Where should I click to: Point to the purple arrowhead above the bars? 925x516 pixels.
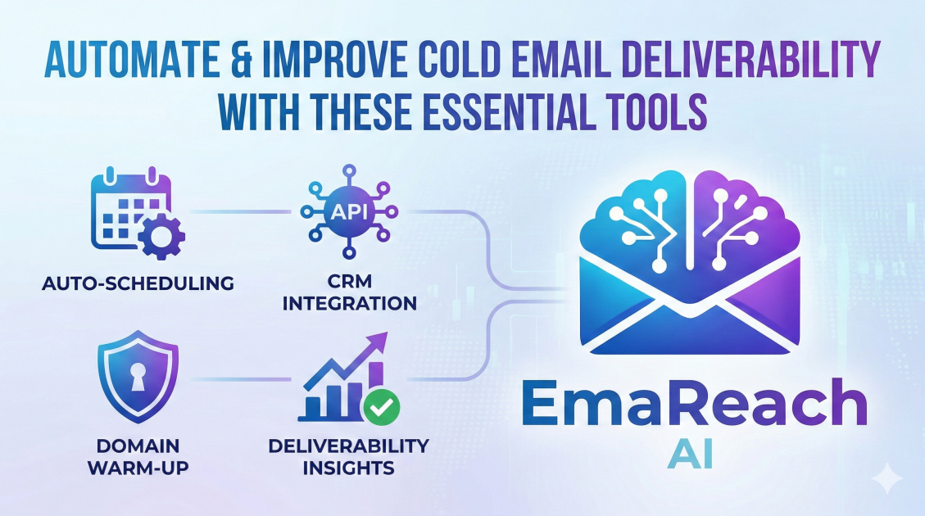coord(379,343)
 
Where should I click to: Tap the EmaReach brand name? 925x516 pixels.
coord(693,406)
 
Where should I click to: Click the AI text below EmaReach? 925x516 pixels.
coord(691,456)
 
